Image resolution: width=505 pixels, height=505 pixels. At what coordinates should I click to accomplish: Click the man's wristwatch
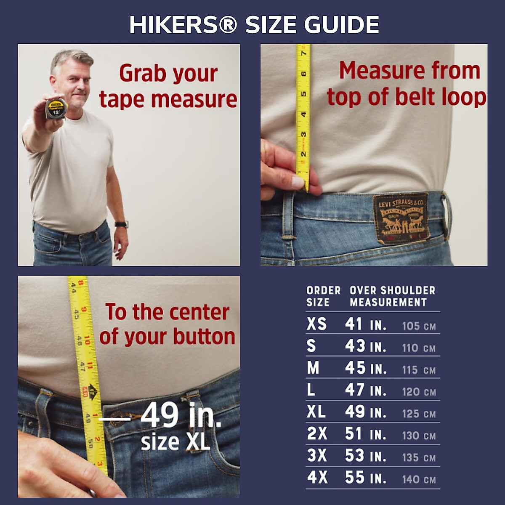click(122, 224)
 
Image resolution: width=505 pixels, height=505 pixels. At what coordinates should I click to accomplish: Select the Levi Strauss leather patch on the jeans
click(401, 218)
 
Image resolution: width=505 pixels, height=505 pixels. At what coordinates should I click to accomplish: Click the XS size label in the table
click(316, 324)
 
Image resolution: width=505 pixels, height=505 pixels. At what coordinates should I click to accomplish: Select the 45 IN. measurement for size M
click(365, 368)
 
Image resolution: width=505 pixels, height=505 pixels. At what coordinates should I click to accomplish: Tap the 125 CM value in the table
click(418, 414)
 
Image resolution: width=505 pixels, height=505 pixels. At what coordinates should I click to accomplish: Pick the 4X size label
click(317, 478)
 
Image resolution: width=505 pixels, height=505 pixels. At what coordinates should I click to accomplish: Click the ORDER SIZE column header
click(323, 296)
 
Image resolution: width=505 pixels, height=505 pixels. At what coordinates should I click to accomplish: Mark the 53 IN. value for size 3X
click(365, 456)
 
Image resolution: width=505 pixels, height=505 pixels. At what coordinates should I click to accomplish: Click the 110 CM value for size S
click(418, 348)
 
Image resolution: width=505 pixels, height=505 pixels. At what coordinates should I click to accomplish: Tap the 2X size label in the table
click(317, 433)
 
